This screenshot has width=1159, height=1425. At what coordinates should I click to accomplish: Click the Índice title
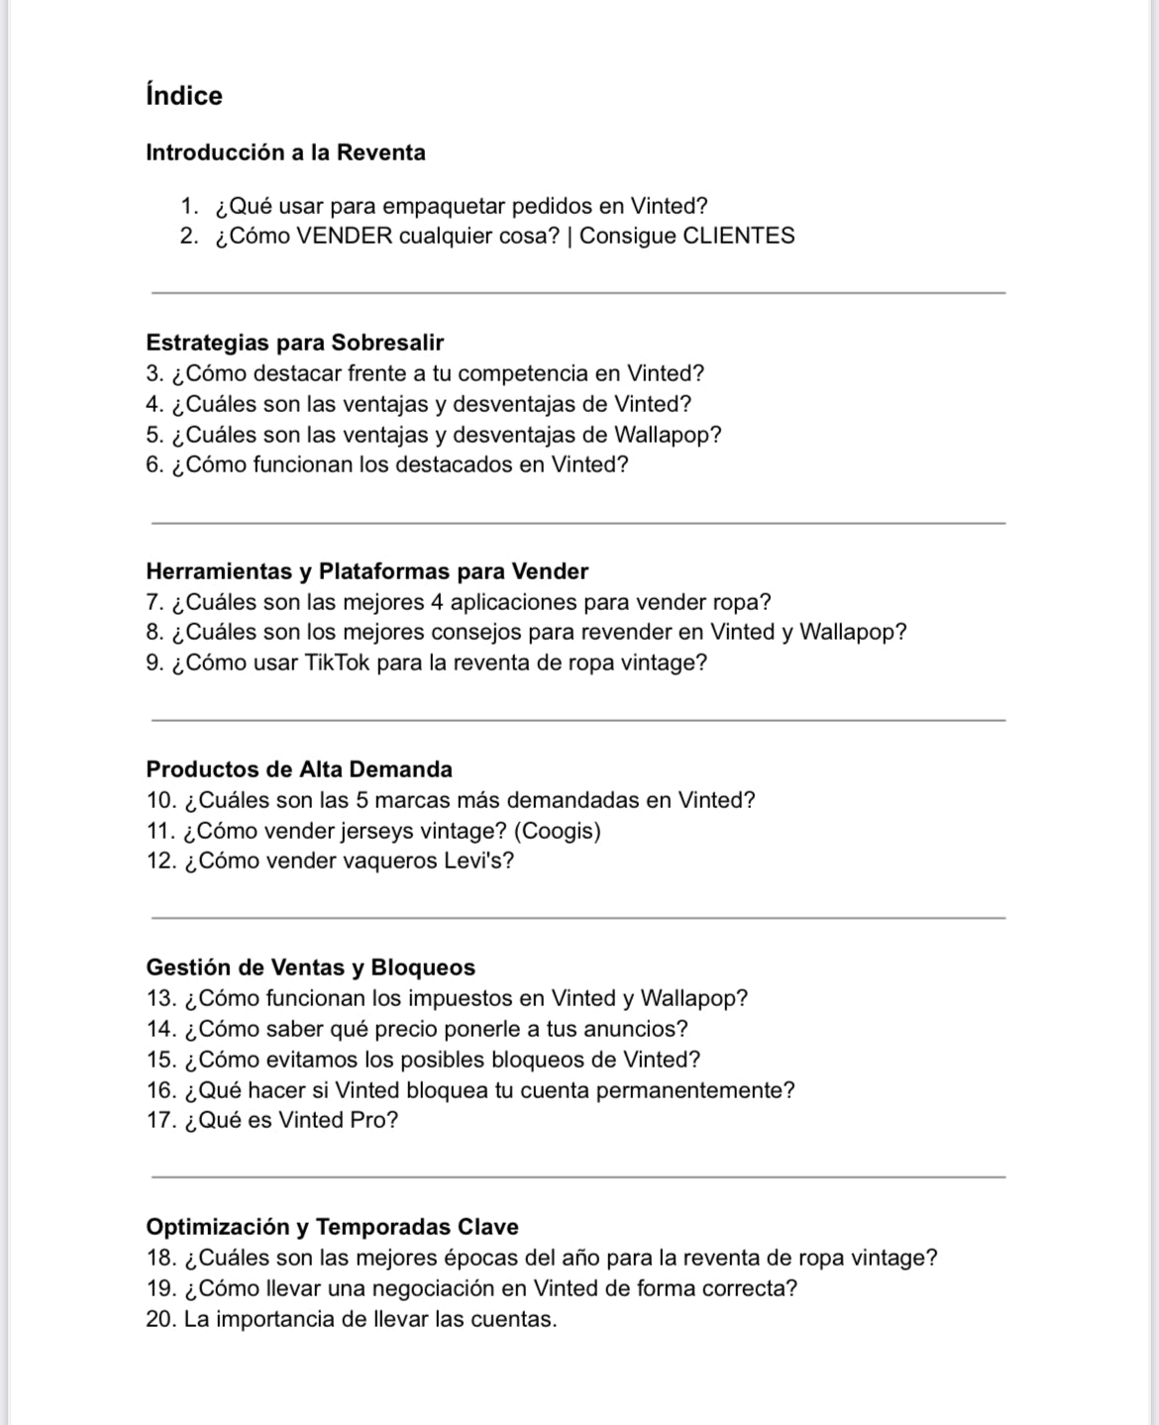coord(184,96)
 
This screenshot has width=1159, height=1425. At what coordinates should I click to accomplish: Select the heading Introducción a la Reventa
coord(285,153)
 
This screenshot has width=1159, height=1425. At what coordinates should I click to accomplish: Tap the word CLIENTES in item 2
coord(739,236)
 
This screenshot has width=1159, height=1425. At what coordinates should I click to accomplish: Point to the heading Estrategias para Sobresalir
coord(294,343)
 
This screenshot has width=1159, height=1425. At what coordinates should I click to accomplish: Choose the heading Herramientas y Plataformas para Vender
coord(367,571)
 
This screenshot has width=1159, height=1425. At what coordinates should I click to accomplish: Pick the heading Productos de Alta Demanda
coord(298,769)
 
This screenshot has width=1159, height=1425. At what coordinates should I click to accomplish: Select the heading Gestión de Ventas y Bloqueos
coord(310,967)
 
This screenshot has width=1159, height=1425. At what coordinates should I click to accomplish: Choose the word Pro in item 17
coord(374,1120)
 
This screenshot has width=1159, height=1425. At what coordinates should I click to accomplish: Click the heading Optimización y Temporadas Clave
coord(332,1227)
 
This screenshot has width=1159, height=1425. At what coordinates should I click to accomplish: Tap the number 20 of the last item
coord(159,1319)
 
